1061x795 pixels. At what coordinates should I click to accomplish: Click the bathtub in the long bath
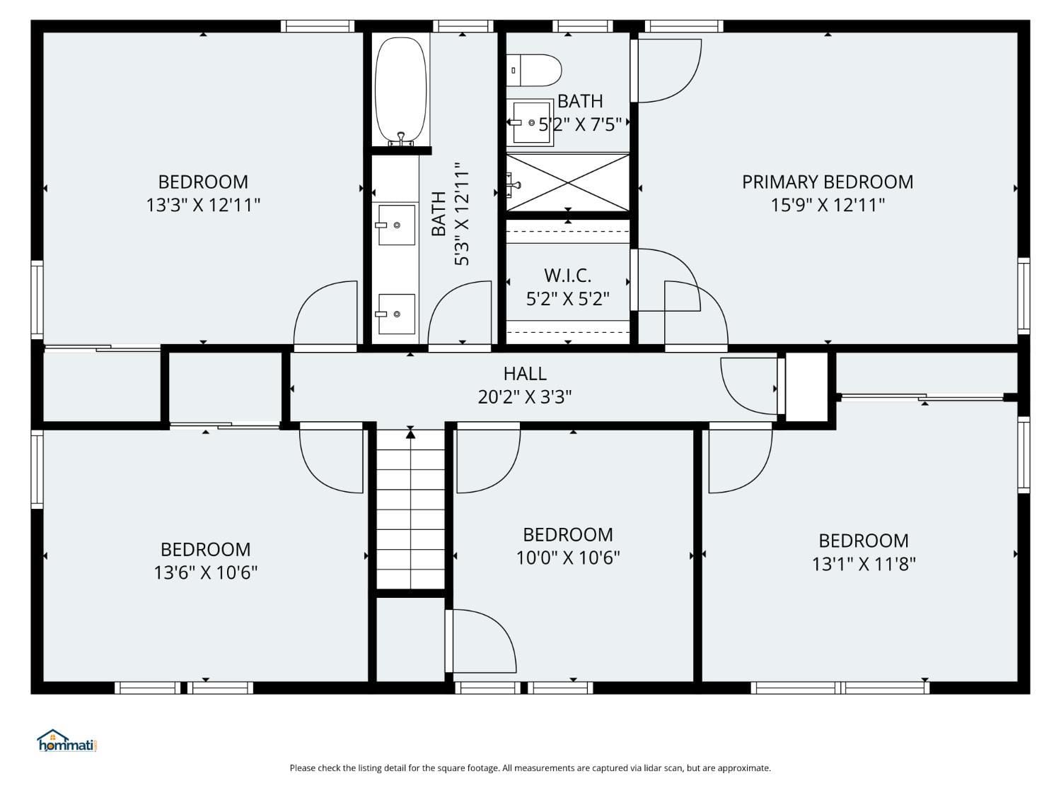pos(400,90)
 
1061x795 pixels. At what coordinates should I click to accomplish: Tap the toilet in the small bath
pos(537,70)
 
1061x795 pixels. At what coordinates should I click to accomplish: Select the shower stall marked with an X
pos(568,182)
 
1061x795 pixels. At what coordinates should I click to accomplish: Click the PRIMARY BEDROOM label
pos(827,182)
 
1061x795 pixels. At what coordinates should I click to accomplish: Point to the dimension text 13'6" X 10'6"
pos(205,572)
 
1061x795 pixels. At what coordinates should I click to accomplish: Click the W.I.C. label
pos(567,275)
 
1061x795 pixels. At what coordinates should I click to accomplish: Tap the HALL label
pos(525,373)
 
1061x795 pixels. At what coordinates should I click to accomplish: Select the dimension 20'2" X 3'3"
pos(525,396)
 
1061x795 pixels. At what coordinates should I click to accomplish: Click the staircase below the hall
pos(410,509)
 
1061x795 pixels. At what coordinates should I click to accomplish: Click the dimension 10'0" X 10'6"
pos(567,558)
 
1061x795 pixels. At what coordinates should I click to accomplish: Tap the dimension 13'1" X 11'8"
pos(863,564)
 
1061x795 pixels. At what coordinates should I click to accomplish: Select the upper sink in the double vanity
pos(396,225)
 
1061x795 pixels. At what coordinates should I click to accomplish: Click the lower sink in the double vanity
pos(396,314)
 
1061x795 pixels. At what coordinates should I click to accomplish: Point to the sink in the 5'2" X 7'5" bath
pos(530,122)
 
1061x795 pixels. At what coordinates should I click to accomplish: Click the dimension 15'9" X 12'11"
pos(827,205)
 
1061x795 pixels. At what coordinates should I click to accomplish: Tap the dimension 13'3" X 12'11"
pos(203,205)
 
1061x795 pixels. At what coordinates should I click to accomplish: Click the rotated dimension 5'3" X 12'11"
pos(461,214)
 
